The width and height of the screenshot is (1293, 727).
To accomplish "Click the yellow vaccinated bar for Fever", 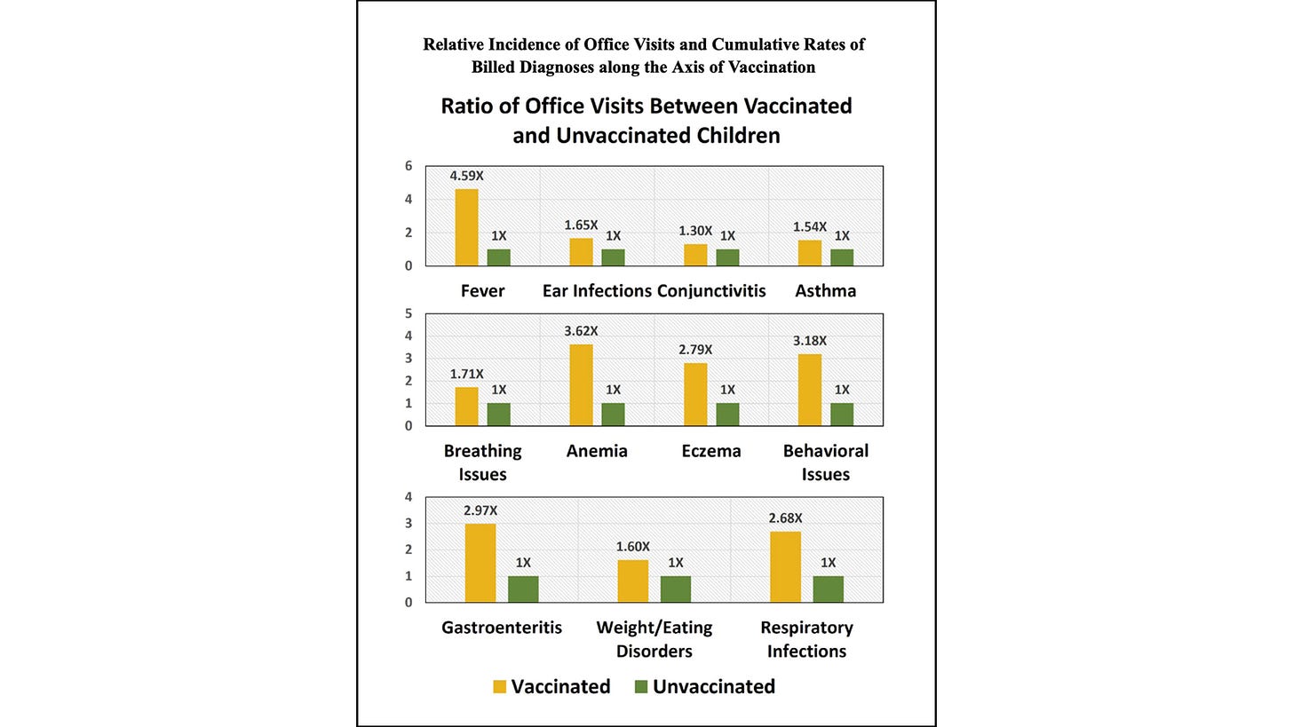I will pyautogui.click(x=466, y=227).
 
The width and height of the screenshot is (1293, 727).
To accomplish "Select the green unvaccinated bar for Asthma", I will pyautogui.click(x=841, y=257).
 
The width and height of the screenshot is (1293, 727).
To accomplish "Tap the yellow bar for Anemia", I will pyautogui.click(x=581, y=385).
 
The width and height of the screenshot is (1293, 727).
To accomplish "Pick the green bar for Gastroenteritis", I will pyautogui.click(x=523, y=589).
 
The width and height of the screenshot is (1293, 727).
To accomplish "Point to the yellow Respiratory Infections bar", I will pyautogui.click(x=785, y=567).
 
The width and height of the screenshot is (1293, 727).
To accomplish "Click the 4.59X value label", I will pyautogui.click(x=466, y=176).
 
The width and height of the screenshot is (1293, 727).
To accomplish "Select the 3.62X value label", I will pyautogui.click(x=581, y=331).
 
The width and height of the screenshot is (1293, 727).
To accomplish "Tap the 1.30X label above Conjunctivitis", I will pyautogui.click(x=695, y=231).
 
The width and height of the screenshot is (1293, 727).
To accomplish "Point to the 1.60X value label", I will pyautogui.click(x=633, y=547).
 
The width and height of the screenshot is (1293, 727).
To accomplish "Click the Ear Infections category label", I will pyautogui.click(x=597, y=291).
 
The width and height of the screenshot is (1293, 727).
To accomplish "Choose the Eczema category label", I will pyautogui.click(x=711, y=451).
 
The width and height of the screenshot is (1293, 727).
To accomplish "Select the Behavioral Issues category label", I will pyautogui.click(x=826, y=462).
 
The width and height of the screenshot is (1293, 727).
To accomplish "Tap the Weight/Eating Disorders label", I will pyautogui.click(x=654, y=639).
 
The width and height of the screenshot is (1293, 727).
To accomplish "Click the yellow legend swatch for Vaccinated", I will pyautogui.click(x=499, y=687).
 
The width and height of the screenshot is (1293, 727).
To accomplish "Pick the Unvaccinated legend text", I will pyautogui.click(x=714, y=687).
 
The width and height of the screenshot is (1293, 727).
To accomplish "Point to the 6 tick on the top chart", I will pyautogui.click(x=409, y=166).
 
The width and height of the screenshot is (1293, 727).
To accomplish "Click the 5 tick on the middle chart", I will pyautogui.click(x=409, y=313).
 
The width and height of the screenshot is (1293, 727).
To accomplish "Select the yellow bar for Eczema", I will pyautogui.click(x=695, y=394).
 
